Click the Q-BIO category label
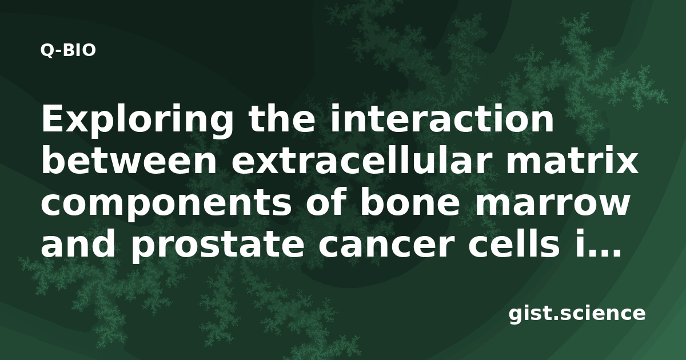coord(68,50)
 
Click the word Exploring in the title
coord(137,120)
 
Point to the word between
coord(129,161)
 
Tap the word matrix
coord(572,161)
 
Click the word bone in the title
coord(410,203)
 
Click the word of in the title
coord(325,203)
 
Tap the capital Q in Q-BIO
coord(47,51)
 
